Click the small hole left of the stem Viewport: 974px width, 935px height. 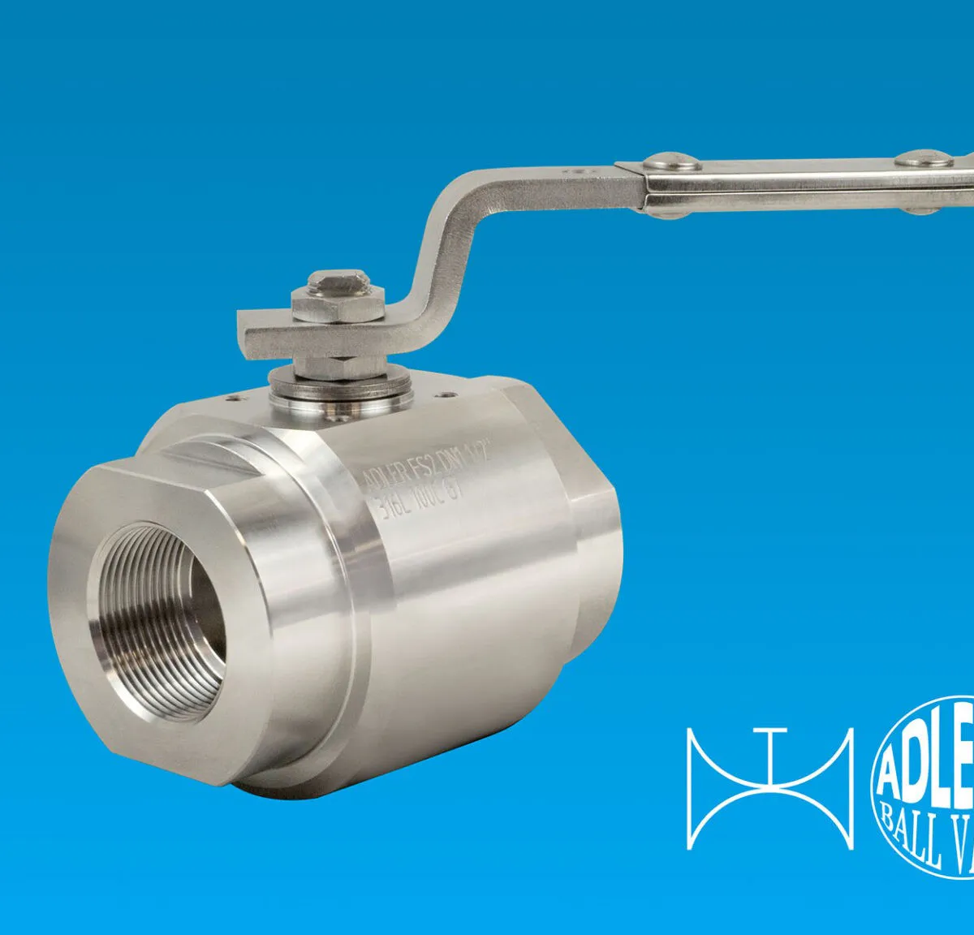click(x=235, y=399)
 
